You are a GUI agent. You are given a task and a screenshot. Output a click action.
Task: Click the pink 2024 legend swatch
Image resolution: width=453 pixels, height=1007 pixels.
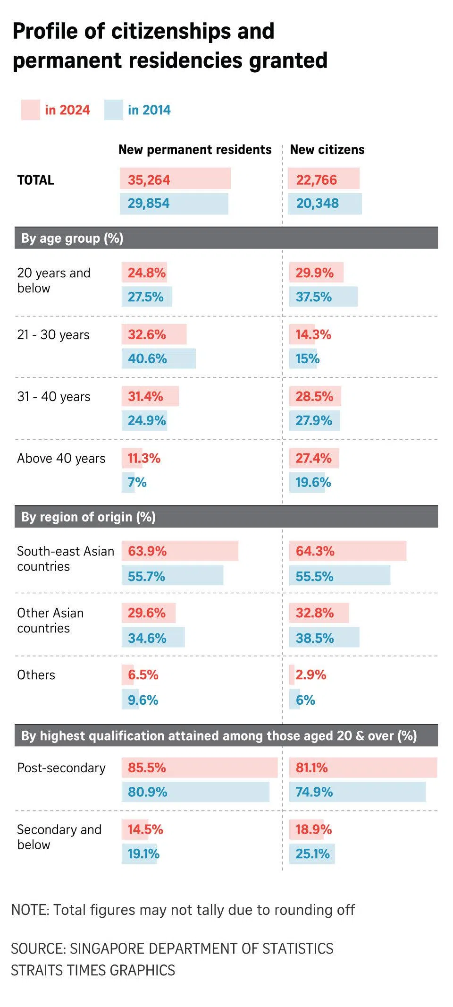coord(30,110)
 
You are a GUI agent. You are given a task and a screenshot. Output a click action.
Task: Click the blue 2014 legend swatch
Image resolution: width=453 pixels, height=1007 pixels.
coord(113,110)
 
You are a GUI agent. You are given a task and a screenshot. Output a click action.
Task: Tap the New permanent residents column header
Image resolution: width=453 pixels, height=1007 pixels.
coord(195,150)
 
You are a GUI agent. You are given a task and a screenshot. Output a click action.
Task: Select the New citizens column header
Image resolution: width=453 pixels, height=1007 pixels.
coord(327,150)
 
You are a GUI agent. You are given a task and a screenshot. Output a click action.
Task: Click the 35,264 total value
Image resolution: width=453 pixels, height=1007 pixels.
coord(149,179)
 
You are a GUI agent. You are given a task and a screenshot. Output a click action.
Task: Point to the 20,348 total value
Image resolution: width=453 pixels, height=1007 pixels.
coord(318,204)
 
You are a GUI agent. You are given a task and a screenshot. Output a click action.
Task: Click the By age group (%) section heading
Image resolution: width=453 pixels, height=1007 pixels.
coord(72,238)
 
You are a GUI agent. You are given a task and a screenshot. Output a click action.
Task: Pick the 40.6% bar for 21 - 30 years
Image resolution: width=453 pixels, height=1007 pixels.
coord(159,358)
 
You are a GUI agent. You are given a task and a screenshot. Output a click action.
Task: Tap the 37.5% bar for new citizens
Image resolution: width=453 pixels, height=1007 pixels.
coord(323,297)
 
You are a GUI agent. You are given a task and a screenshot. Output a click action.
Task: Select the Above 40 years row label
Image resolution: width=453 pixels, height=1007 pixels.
coord(61,458)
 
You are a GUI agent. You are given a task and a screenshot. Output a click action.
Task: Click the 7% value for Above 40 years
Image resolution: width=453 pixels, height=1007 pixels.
coord(137,482)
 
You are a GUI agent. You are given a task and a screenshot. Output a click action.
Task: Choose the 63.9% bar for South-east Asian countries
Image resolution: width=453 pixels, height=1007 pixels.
coord(179,551)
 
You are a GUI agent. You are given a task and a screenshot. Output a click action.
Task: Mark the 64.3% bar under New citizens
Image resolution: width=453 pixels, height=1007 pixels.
coord(347,551)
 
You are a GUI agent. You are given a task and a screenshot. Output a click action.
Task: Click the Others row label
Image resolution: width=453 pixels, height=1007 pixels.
coord(36,674)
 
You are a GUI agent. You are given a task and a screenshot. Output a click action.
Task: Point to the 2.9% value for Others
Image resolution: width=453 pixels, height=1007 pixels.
coord(310,674)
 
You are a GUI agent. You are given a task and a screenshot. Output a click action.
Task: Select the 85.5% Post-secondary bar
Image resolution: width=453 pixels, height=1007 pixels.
coord(199,768)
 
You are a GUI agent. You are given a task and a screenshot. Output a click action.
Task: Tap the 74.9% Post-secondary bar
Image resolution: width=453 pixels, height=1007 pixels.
coord(357,792)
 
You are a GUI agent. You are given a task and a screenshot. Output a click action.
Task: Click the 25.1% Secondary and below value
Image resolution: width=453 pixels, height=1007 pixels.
coord(313,853)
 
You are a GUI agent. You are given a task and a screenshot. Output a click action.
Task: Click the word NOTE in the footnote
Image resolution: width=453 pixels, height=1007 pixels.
coord(29,910)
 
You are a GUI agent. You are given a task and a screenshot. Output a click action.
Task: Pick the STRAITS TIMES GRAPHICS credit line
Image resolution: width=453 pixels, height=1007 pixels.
coord(93,970)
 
